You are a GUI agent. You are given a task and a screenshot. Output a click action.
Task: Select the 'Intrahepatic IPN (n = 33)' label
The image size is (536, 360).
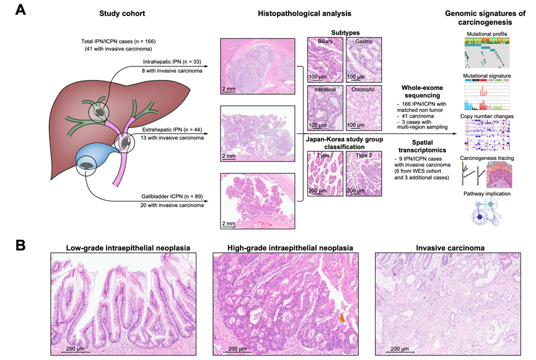tap(170, 63)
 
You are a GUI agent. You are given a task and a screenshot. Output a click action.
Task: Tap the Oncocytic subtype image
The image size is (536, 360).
tap(364, 107)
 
